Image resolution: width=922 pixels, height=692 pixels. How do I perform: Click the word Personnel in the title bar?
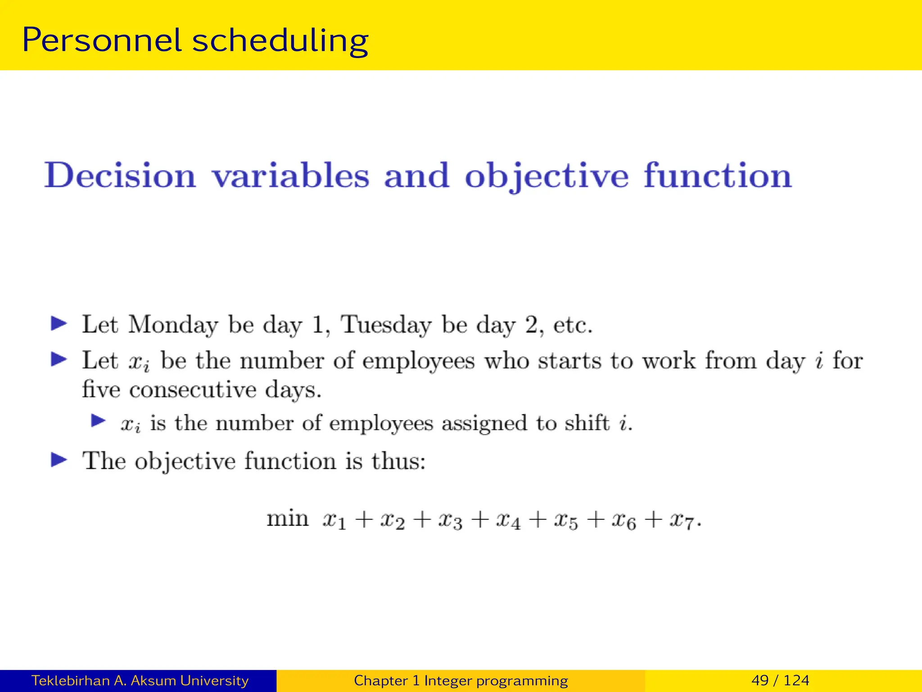pos(102,41)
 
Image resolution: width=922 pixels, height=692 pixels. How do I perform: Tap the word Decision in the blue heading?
pos(120,175)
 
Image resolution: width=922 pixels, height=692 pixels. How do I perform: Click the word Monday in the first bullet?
pos(173,325)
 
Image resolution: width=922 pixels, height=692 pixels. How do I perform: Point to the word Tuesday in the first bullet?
pos(386,325)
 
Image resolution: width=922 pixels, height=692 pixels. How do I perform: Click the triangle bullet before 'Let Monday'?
pos(59,323)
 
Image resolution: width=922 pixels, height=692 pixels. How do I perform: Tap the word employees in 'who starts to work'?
pos(418,361)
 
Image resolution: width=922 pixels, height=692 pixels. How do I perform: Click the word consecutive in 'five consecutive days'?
pos(193,389)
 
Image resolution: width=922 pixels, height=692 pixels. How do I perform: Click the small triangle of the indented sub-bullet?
pos(98,421)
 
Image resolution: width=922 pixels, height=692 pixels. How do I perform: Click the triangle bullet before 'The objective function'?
pos(59,460)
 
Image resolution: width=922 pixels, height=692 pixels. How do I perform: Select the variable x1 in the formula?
pos(334,521)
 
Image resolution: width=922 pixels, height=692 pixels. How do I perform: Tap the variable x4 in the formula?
pos(508,521)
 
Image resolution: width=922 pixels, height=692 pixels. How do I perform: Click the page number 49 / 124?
pos(780,680)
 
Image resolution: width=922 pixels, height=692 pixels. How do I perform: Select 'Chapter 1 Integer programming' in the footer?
pos(461,680)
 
